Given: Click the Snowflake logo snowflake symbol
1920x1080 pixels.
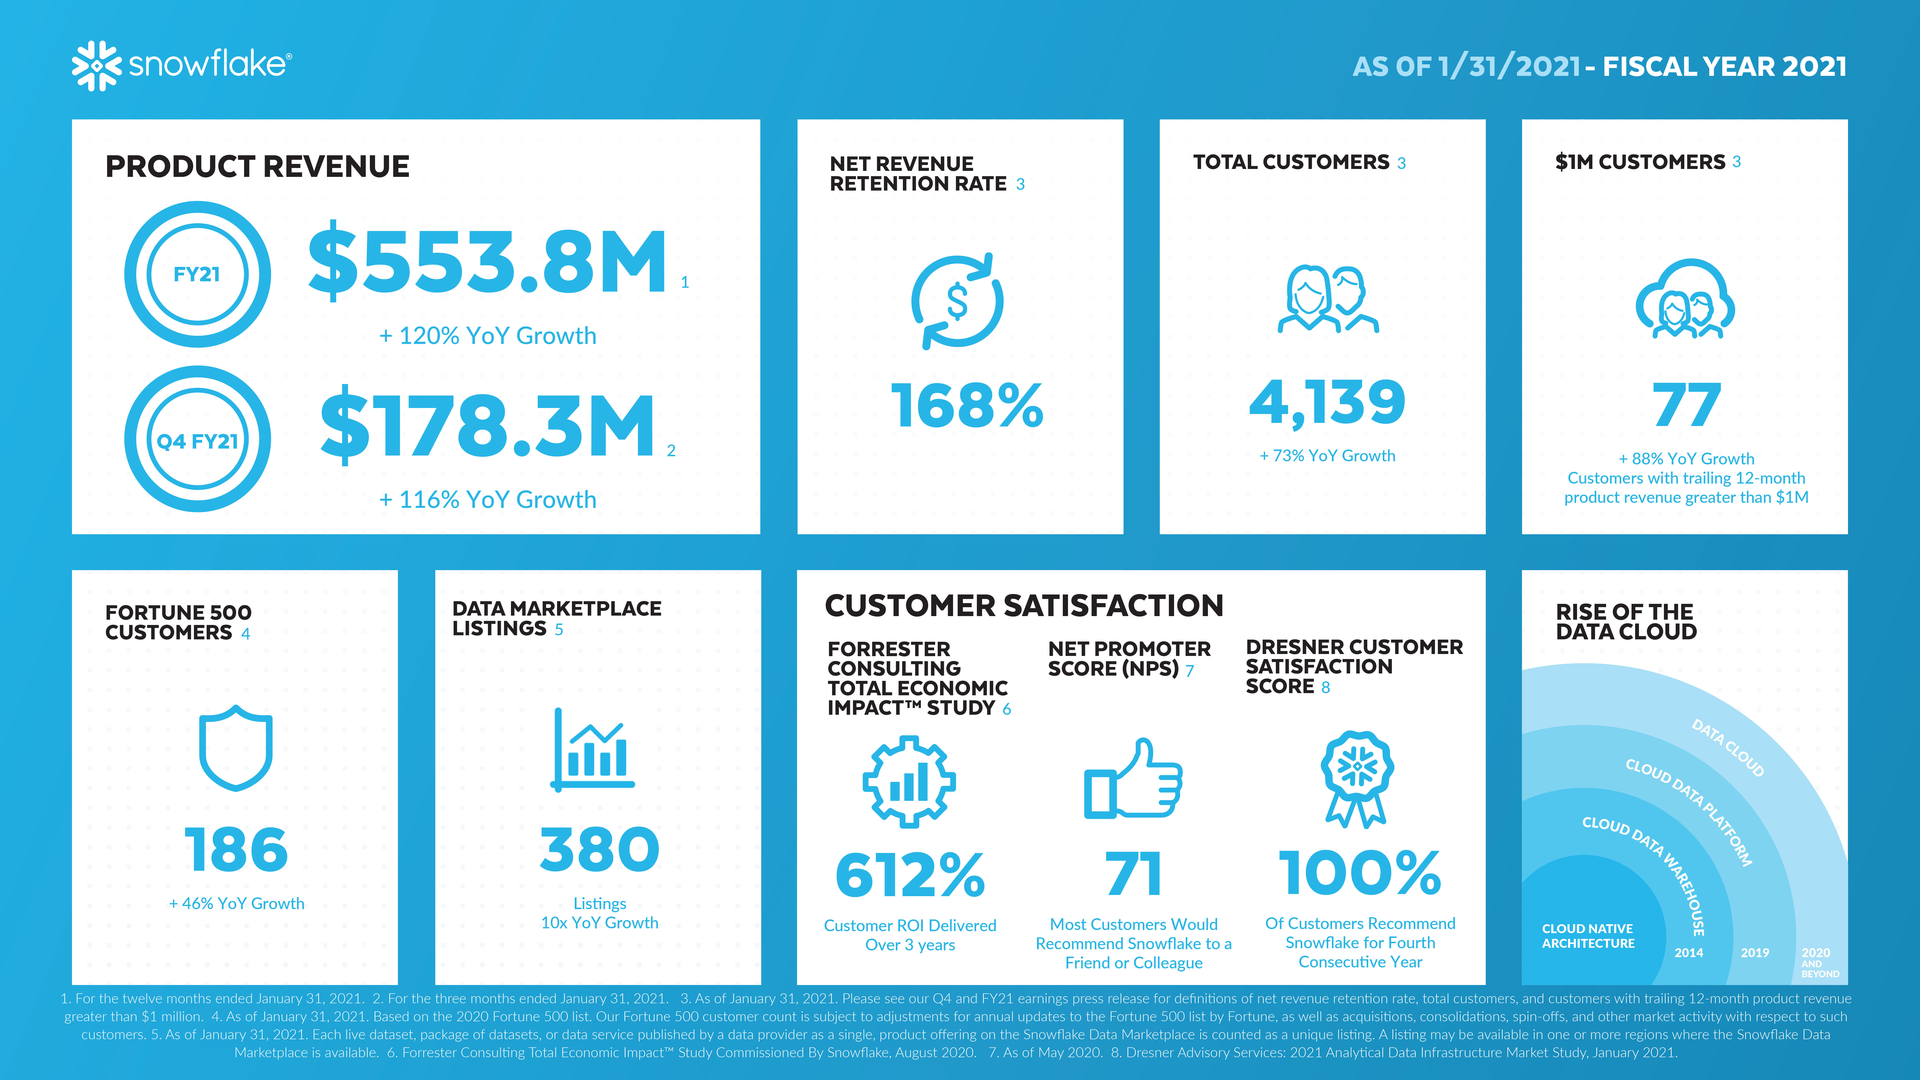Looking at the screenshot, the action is pyautogui.click(x=96, y=66).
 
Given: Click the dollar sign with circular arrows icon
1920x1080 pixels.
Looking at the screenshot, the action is pyautogui.click(x=957, y=301).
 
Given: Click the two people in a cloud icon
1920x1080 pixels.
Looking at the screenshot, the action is pyautogui.click(x=1685, y=299).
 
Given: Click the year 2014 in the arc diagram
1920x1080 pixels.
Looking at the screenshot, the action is pyautogui.click(x=1688, y=953).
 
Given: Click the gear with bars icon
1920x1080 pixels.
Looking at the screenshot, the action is pyautogui.click(x=909, y=781).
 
